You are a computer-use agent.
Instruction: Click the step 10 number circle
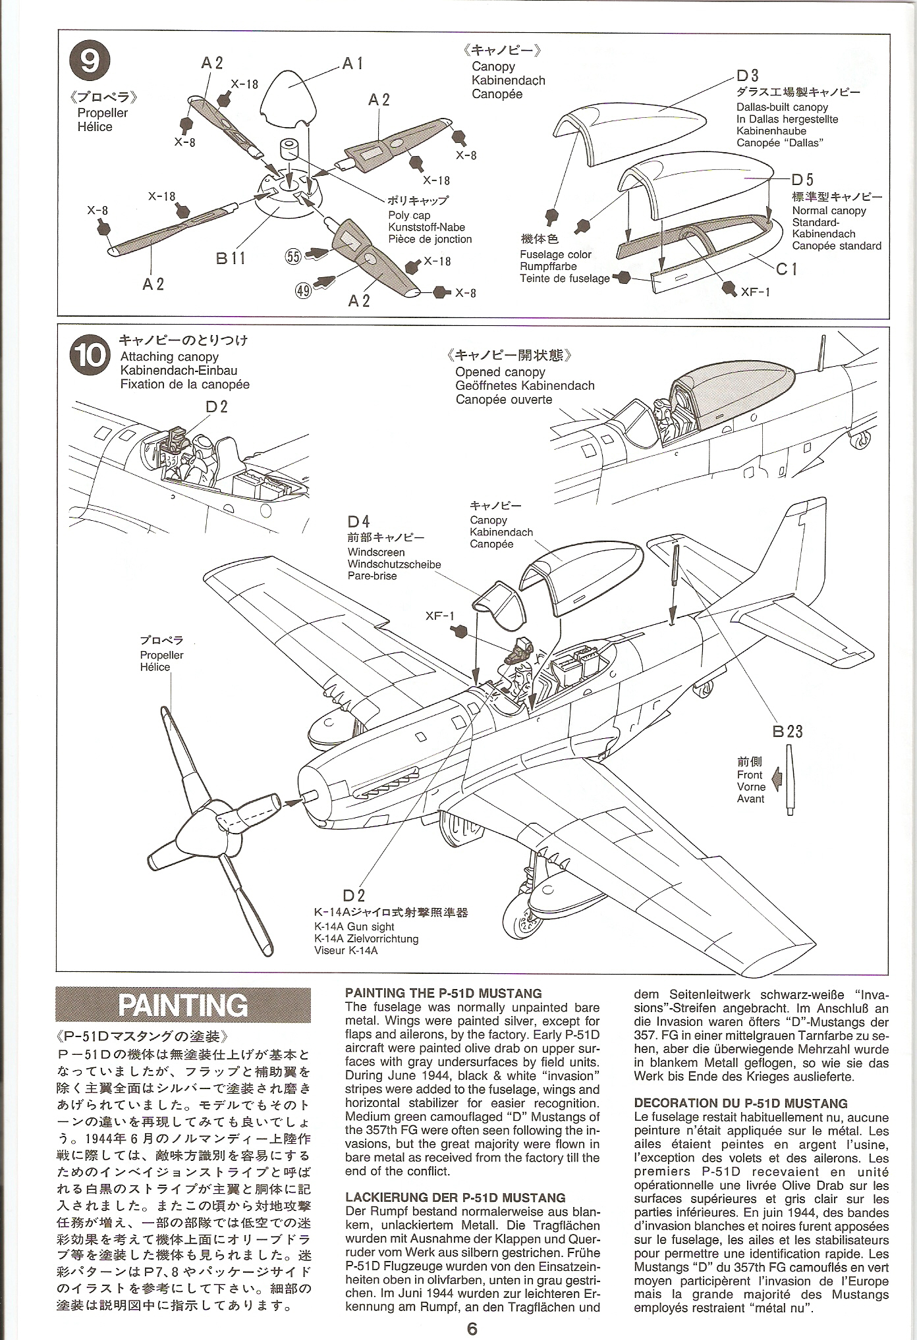click(89, 356)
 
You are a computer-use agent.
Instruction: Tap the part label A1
click(352, 64)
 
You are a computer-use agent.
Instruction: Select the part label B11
click(231, 258)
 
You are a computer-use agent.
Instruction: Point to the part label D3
click(748, 76)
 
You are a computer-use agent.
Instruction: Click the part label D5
click(802, 180)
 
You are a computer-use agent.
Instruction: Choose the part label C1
click(786, 269)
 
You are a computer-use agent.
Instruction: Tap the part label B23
click(788, 731)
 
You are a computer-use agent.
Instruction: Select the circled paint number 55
click(293, 256)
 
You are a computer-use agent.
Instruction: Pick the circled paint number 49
click(303, 290)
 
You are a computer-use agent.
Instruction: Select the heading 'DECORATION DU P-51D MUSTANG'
click(740, 1103)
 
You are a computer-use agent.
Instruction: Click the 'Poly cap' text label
click(408, 215)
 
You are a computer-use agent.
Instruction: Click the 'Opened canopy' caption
click(500, 372)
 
